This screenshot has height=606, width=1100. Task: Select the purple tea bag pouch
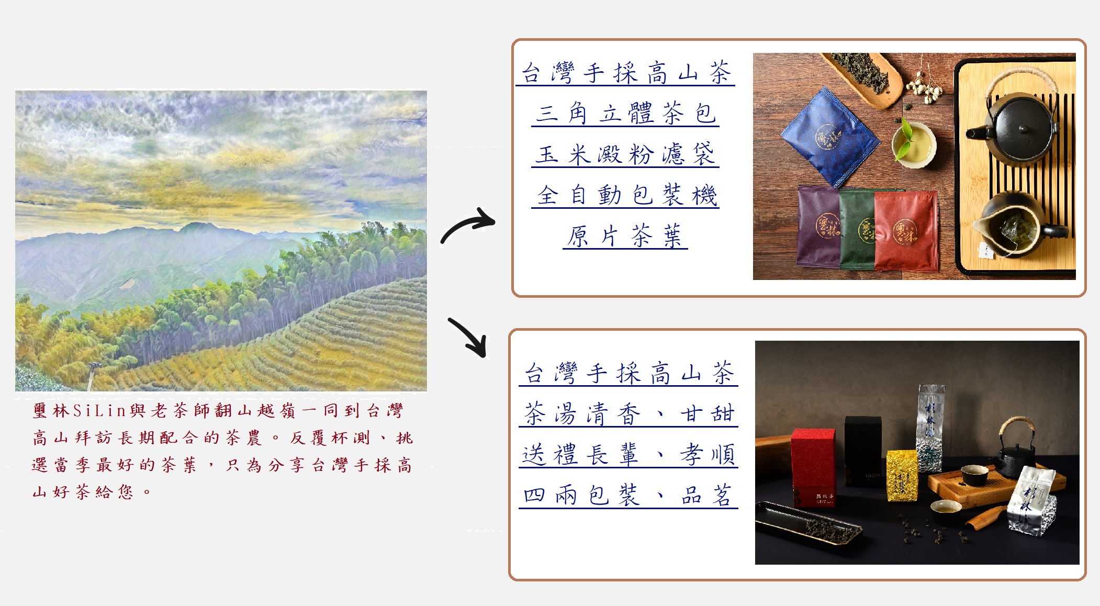818,227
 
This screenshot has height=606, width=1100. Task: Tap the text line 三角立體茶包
625,114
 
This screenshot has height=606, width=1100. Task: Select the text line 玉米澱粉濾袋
625,154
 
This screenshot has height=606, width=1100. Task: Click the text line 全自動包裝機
626,195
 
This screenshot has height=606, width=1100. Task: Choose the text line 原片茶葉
625,236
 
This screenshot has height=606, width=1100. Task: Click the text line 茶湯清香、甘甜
628,414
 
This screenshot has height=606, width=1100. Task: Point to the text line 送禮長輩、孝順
628,454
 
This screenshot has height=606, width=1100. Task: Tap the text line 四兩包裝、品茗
628,495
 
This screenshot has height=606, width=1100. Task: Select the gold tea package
902,475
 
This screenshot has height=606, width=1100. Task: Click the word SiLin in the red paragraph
99,411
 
